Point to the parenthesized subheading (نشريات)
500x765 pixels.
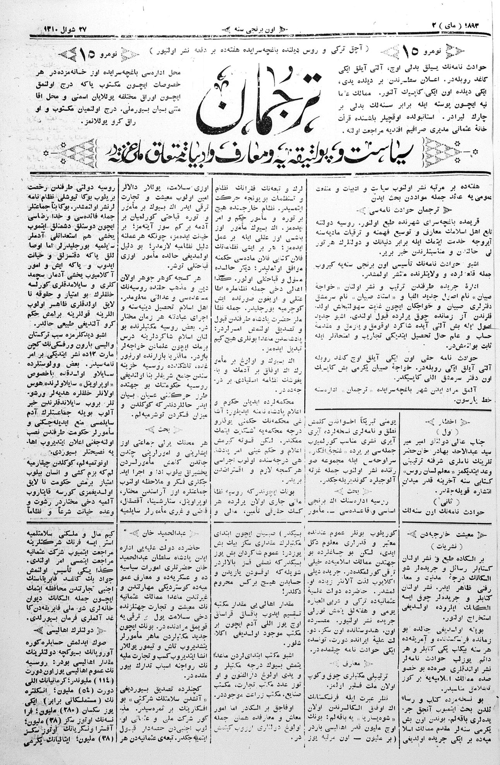tap(445, 543)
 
